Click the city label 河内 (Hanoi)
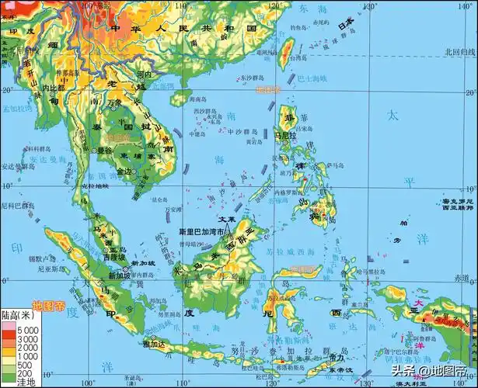143,75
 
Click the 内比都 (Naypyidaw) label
55,89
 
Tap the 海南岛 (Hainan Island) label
180,99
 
